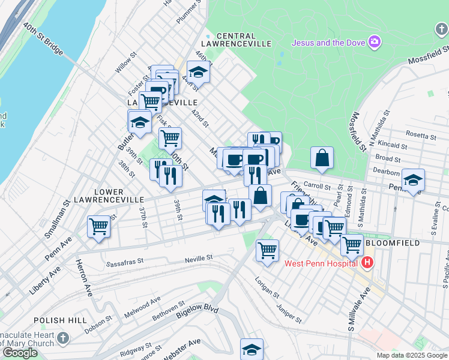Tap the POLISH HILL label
coord(60,321)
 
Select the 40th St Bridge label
coord(44,40)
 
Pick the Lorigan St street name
coord(267,287)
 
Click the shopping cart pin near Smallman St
coord(98,227)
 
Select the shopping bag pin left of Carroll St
coord(322,157)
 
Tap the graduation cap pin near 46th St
coord(197,73)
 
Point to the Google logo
coord(20,353)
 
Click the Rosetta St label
coord(421,135)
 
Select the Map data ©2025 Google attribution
coord(412,355)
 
